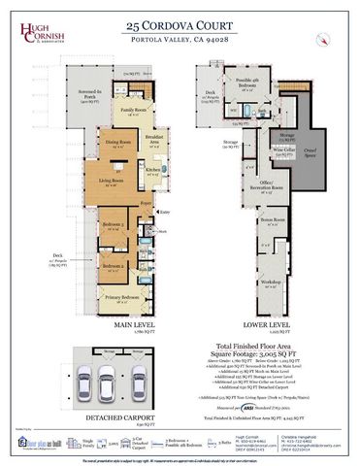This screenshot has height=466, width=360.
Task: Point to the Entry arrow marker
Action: coord(164,211)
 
